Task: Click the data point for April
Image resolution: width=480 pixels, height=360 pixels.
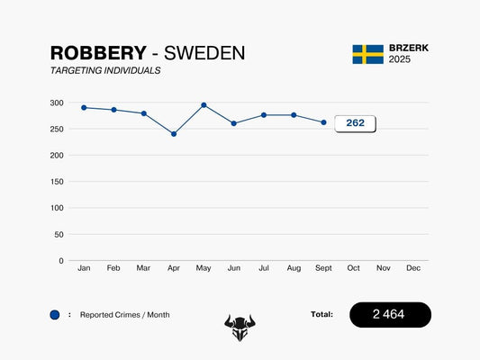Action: point(174,134)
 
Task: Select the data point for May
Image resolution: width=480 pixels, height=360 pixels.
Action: point(204,105)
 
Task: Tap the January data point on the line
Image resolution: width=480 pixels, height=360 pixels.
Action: point(84,108)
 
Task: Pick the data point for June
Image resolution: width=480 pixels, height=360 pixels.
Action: point(234,123)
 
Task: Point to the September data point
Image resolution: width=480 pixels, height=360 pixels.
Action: point(324,122)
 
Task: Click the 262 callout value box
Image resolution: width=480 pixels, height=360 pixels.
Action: point(355,123)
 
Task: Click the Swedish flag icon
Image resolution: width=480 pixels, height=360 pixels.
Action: point(367,54)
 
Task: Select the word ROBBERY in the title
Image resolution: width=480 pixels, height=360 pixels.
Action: point(97,53)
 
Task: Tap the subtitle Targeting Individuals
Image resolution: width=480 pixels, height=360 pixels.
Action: point(105,70)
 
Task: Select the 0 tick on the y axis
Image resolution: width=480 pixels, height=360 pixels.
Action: point(60,261)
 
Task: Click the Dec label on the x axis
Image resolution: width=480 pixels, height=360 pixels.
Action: point(413,268)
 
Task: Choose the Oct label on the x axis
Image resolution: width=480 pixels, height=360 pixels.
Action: point(354,268)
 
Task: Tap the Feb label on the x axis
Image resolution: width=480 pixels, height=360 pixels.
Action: point(113,268)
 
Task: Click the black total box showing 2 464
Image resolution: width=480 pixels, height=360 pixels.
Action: point(390,314)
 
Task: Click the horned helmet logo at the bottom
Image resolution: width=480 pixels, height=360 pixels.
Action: point(240,327)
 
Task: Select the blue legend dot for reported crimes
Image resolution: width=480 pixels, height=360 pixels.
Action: point(55,315)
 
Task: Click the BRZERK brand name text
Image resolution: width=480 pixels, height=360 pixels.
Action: point(408,48)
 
